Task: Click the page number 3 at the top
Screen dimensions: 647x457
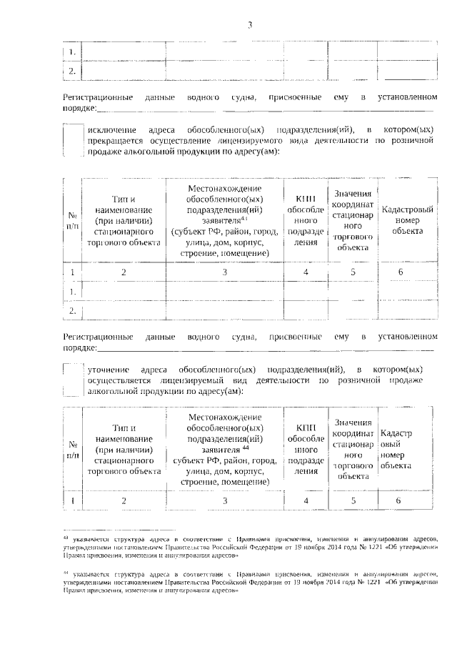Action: (x=250, y=26)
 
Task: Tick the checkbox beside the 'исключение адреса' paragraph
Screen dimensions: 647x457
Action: (x=73, y=140)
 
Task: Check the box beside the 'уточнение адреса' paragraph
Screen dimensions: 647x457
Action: (x=73, y=380)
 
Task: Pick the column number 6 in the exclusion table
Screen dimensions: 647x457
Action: (x=401, y=272)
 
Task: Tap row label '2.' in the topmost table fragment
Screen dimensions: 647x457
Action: (x=73, y=71)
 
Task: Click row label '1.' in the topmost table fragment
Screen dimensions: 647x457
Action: (x=73, y=51)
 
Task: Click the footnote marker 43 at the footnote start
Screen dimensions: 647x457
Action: (x=65, y=535)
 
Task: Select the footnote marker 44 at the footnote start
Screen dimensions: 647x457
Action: (x=65, y=573)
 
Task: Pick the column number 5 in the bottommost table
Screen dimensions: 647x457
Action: (x=352, y=500)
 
